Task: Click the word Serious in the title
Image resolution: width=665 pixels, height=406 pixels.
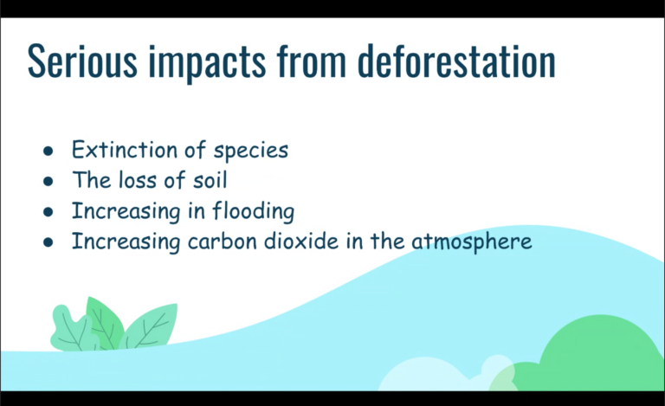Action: [82, 61]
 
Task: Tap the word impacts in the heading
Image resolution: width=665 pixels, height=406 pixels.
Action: [207, 62]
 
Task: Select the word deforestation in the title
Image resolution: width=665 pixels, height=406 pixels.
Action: [456, 61]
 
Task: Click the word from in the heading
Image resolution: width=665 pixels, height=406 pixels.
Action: [312, 61]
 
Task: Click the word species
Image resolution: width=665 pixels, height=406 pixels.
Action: [250, 151]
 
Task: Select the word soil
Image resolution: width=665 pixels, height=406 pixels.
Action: [210, 180]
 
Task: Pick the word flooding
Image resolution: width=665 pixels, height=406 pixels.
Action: [253, 211]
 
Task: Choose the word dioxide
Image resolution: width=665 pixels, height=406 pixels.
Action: [301, 242]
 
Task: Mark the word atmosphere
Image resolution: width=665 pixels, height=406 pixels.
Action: [471, 242]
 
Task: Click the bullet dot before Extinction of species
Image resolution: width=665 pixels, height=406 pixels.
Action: [48, 151]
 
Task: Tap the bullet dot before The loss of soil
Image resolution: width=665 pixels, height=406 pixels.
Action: [48, 181]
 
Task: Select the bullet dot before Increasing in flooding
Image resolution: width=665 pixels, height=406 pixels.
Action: [48, 211]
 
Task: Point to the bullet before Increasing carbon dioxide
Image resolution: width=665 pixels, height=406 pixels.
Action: [48, 242]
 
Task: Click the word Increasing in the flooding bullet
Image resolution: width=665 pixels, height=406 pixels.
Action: [126, 211]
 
